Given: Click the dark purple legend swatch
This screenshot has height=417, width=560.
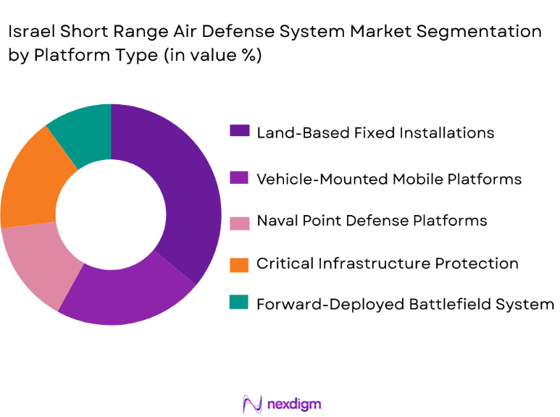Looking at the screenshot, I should [x=239, y=132].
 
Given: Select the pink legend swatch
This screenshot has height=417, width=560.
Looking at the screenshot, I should [x=239, y=220].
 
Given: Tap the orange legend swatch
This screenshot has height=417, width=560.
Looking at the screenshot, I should [x=239, y=264].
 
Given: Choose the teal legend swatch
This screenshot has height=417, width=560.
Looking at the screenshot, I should [x=239, y=304].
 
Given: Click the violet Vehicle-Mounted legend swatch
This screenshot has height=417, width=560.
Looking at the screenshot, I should [x=239, y=178].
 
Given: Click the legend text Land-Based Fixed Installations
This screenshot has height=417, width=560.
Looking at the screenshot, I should [x=375, y=132].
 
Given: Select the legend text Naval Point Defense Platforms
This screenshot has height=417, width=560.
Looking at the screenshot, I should [x=372, y=220].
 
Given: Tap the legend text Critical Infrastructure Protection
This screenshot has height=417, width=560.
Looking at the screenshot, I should [x=388, y=264].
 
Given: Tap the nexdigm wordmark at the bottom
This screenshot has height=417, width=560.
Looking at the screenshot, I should [x=293, y=403].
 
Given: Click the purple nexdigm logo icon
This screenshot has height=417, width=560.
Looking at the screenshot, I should [x=252, y=403].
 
